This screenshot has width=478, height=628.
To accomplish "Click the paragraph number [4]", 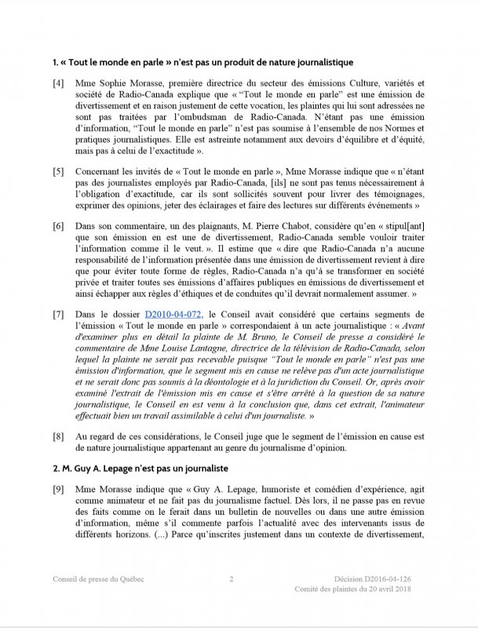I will click(59, 83).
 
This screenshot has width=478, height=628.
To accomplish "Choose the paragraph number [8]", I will click(59, 435).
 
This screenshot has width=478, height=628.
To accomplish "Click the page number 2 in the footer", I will click(232, 579).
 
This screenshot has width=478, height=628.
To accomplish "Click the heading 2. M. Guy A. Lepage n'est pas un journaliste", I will click(140, 468).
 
